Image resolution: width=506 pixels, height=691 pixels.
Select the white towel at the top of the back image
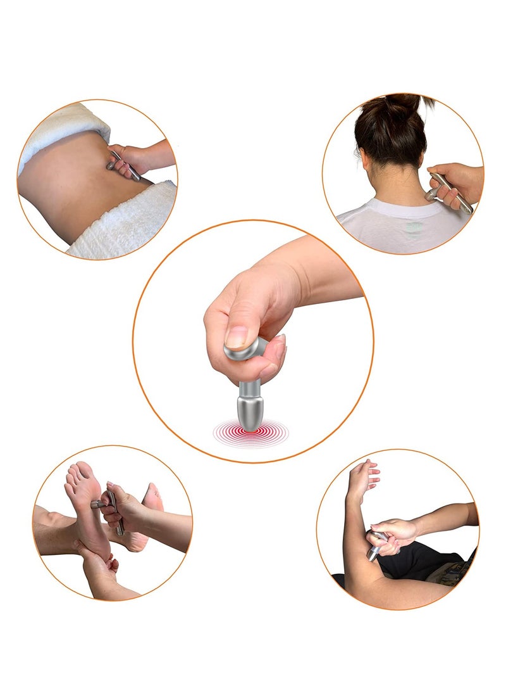click(57, 130)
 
